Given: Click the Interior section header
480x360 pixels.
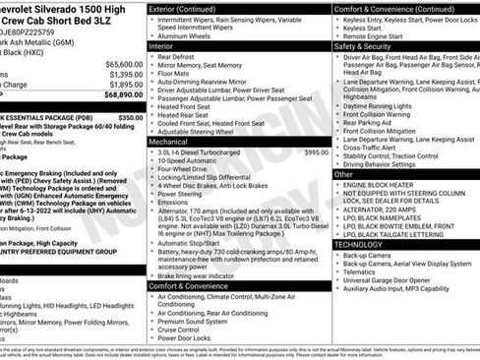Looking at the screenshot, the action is point(160,45).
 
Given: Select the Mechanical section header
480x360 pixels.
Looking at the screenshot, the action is point(168,142).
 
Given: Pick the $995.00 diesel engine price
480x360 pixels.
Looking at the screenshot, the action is point(316,152).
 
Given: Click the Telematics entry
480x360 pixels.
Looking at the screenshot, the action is point(364,272).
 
